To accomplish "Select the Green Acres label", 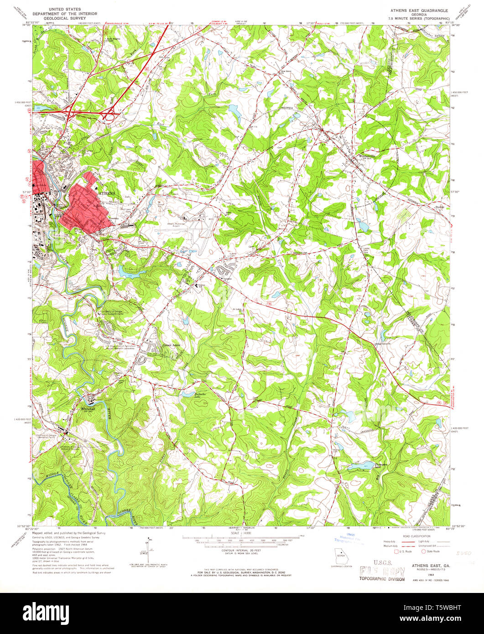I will [x=171, y=345].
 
